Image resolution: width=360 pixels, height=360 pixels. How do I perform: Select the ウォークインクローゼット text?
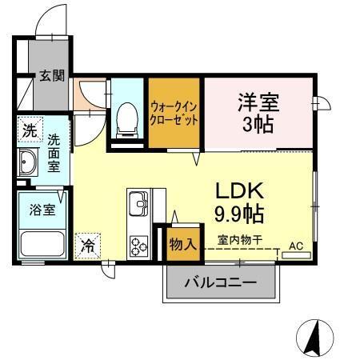click(x=174, y=113)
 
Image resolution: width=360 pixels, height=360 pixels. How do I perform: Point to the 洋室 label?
click(x=258, y=103)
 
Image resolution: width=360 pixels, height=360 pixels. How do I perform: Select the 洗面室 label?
click(x=54, y=151)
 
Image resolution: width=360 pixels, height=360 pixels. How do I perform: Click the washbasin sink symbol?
click(x=28, y=163)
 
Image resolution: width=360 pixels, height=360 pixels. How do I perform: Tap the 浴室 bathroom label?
click(x=42, y=210)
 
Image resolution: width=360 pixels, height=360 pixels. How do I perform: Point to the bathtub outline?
click(x=42, y=244)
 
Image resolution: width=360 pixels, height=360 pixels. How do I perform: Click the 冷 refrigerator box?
click(x=87, y=245)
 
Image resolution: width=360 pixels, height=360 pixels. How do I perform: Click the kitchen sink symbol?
click(x=138, y=203)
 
